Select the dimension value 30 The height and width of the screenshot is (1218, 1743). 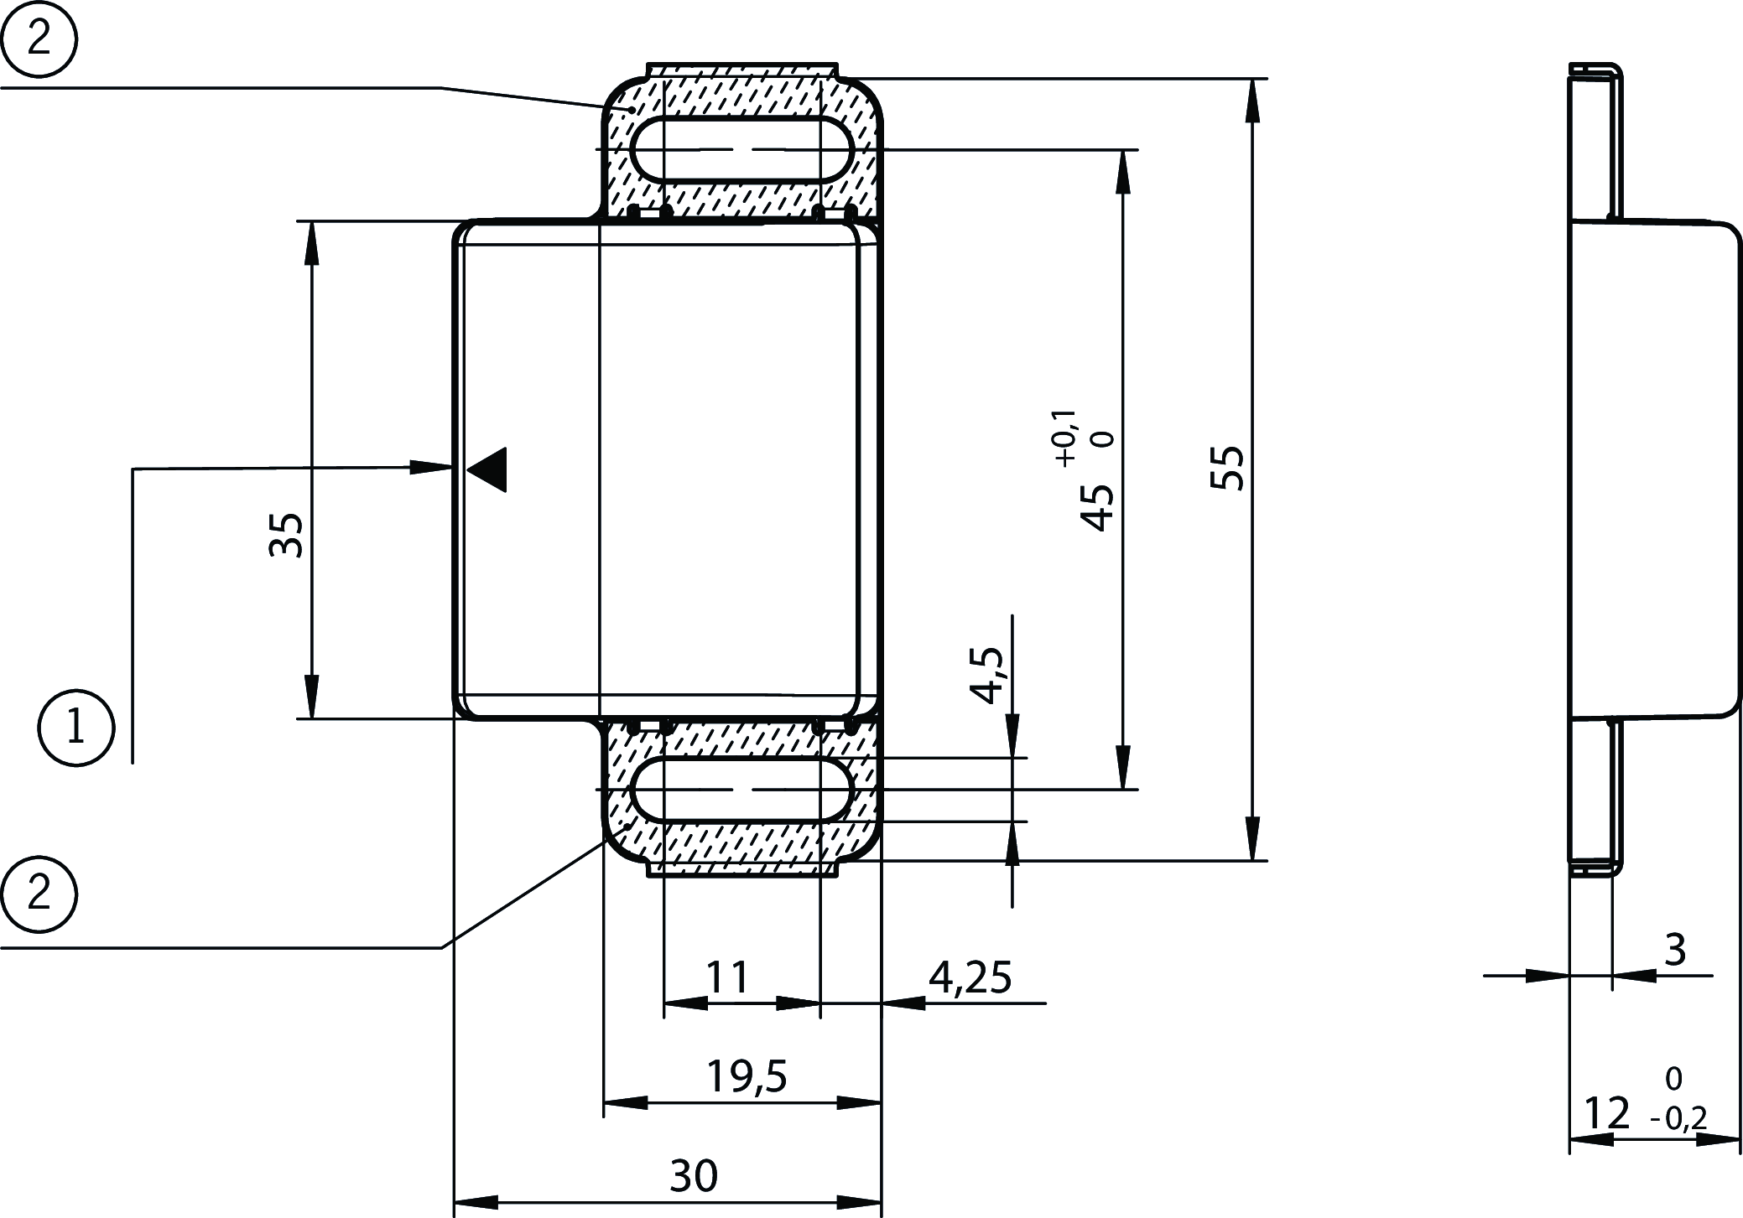click(x=694, y=1176)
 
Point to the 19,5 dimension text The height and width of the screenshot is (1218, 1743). click(x=747, y=1076)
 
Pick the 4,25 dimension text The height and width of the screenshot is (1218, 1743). click(x=970, y=977)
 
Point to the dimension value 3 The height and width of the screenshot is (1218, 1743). click(x=1673, y=951)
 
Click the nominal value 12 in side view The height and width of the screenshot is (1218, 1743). click(x=1606, y=1113)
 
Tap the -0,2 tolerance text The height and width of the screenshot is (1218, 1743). click(x=1678, y=1118)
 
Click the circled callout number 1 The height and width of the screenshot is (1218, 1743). click(x=75, y=728)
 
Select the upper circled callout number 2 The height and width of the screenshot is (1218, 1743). click(x=39, y=39)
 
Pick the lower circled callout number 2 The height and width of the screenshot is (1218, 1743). click(x=39, y=894)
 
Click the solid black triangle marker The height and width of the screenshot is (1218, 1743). click(x=490, y=469)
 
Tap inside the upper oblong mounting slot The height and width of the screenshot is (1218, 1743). click(x=741, y=149)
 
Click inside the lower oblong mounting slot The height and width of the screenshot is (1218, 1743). click(x=741, y=789)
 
